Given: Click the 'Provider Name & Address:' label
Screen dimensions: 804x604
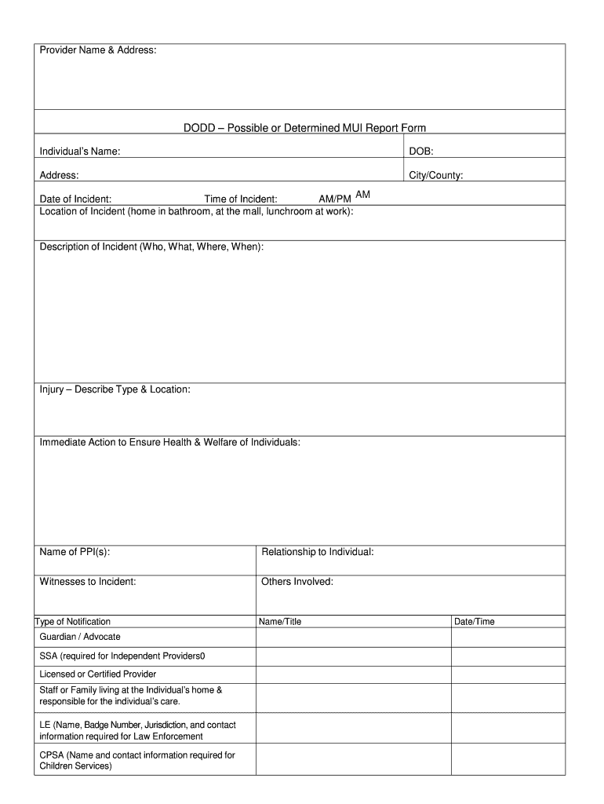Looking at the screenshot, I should [98, 51].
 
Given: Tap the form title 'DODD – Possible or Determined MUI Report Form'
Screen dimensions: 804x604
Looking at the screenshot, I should [304, 127].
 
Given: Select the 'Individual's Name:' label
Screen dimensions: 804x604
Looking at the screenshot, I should [80, 151].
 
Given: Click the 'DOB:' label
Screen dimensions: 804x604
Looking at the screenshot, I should [421, 151].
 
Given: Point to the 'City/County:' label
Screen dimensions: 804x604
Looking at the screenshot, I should [436, 175].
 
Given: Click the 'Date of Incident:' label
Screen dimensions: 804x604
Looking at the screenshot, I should [75, 199].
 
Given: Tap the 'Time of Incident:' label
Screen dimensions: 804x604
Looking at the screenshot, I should [241, 199].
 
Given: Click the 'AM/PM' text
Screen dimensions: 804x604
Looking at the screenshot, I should [335, 199].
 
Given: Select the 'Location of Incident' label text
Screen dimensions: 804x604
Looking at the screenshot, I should [196, 211].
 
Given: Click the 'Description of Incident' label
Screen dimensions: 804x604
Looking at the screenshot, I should [151, 247].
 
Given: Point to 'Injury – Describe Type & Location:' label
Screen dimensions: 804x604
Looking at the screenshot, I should [115, 389].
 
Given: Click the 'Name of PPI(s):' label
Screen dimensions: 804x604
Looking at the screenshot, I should [75, 552].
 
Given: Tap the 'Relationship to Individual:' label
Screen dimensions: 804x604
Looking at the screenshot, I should [318, 552].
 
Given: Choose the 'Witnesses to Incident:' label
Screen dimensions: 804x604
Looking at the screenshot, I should [88, 582].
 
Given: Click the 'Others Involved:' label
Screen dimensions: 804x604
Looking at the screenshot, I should [297, 582].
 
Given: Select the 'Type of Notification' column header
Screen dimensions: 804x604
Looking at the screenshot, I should [73, 622].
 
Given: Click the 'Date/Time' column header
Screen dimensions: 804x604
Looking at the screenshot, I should [475, 622].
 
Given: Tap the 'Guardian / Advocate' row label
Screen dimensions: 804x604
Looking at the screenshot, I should [80, 637].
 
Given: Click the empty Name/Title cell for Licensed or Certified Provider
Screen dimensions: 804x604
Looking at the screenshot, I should [354, 674].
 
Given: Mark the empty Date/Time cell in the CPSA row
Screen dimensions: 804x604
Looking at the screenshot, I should [508, 760].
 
